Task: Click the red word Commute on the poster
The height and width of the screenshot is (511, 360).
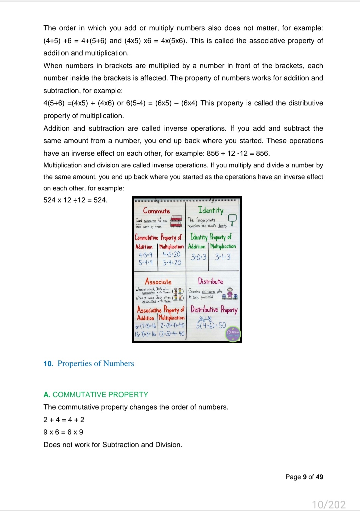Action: [x=156, y=211]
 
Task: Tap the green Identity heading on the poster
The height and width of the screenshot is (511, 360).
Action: [x=211, y=210]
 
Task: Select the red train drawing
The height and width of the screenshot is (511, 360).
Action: [x=176, y=221]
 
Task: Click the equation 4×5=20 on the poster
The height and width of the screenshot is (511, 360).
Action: [x=171, y=254]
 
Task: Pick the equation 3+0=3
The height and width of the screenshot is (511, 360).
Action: [x=198, y=257]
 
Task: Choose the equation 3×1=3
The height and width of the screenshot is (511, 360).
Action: [x=223, y=257]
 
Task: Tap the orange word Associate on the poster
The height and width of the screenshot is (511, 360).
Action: [x=158, y=282]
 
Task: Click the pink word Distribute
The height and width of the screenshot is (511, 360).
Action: [x=210, y=281]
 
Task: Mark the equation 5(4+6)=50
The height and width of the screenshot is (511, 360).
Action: [x=211, y=325]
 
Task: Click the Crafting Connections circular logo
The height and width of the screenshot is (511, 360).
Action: [x=233, y=333]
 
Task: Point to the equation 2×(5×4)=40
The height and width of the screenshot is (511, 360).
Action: [x=172, y=325]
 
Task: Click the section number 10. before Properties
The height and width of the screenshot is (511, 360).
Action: [x=48, y=364]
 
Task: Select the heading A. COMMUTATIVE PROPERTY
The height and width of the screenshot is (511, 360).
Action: [x=96, y=395]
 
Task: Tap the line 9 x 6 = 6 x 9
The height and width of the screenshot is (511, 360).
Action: [x=63, y=432]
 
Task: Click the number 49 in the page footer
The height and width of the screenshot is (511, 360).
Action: [x=319, y=477]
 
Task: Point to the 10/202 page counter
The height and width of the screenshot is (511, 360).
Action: [x=329, y=504]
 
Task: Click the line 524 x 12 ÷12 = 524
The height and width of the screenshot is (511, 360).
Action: [x=75, y=200]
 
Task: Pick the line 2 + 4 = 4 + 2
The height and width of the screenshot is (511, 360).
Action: [x=64, y=420]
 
